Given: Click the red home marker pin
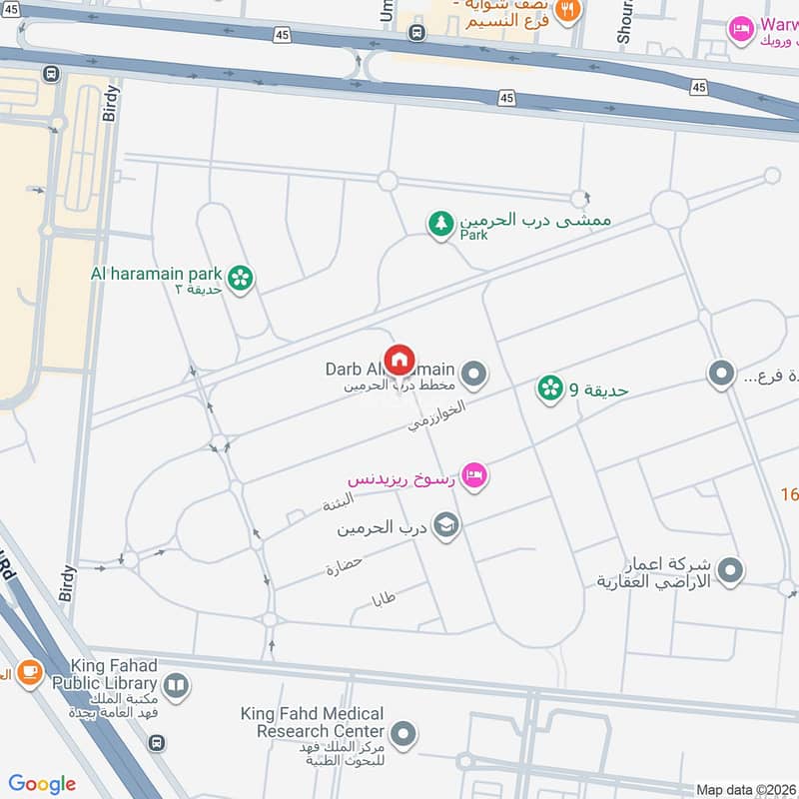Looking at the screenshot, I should pyautogui.click(x=399, y=359).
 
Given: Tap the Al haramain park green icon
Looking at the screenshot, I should pyautogui.click(x=240, y=279).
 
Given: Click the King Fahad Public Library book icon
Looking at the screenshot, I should pyautogui.click(x=175, y=685).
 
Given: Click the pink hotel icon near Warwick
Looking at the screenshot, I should pyautogui.click(x=740, y=27).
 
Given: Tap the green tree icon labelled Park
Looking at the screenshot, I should pyautogui.click(x=439, y=225).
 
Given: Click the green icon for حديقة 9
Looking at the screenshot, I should pyautogui.click(x=549, y=389).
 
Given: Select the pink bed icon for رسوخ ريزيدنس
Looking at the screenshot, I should pyautogui.click(x=475, y=475).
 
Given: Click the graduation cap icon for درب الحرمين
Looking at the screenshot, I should pyautogui.click(x=446, y=525).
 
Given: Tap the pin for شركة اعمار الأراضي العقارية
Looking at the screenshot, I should pyautogui.click(x=731, y=571).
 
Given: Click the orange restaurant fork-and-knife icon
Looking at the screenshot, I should pyautogui.click(x=568, y=10).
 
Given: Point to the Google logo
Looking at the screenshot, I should pyautogui.click(x=42, y=784).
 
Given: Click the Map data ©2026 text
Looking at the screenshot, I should pyautogui.click(x=745, y=789).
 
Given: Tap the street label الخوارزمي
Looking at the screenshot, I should pyautogui.click(x=436, y=415).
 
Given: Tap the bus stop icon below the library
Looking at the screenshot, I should pyautogui.click(x=156, y=743).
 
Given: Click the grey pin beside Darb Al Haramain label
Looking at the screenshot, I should pyautogui.click(x=475, y=376).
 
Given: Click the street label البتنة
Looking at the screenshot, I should pyautogui.click(x=338, y=501).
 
